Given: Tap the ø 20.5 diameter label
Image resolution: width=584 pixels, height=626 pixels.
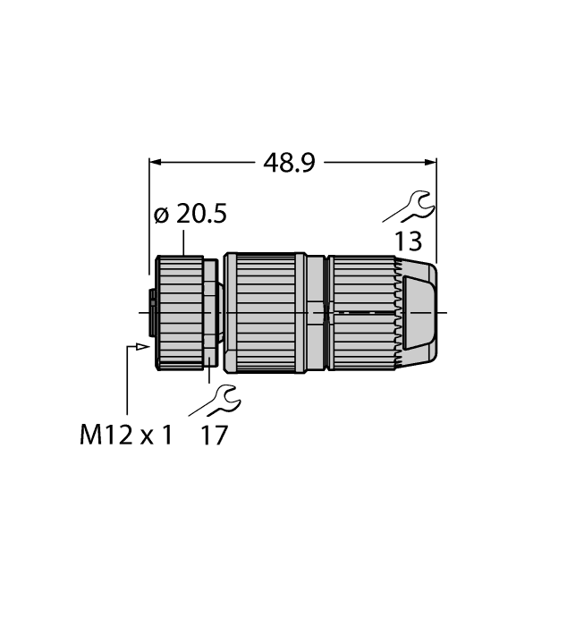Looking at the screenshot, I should (x=190, y=215).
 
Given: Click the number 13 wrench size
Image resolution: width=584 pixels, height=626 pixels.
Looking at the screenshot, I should (x=406, y=241).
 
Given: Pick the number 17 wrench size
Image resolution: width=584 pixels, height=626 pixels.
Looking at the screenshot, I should (x=215, y=436).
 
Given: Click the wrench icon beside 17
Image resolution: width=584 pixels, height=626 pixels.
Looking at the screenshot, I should (x=216, y=400).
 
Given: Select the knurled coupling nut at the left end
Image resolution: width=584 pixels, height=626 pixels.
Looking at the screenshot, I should (x=179, y=312).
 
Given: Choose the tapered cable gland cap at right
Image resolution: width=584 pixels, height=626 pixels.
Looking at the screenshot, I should (x=419, y=312).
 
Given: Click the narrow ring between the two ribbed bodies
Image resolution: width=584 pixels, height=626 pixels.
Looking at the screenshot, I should (x=317, y=312).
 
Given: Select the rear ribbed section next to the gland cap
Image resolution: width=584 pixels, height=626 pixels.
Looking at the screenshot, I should (x=362, y=312).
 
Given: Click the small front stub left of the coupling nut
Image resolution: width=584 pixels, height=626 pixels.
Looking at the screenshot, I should (x=153, y=312).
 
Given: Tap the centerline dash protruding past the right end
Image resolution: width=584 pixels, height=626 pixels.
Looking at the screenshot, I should (x=444, y=312).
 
